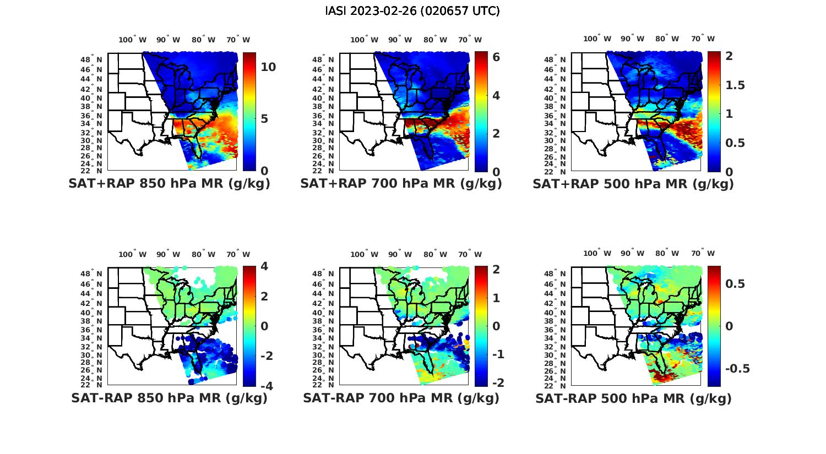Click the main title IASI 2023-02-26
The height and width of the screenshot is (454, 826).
click(x=412, y=11)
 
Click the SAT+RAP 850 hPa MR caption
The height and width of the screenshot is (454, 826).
click(x=169, y=184)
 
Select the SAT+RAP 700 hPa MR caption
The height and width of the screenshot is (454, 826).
click(x=401, y=184)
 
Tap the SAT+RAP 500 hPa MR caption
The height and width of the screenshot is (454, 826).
click(x=633, y=184)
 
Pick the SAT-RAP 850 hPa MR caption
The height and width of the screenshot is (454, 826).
click(x=169, y=398)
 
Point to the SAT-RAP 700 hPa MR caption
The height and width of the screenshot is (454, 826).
click(x=401, y=398)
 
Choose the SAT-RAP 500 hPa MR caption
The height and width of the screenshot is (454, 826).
click(x=633, y=398)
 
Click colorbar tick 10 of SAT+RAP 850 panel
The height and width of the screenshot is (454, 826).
click(x=268, y=67)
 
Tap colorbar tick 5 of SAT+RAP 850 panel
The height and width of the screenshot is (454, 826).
click(x=264, y=119)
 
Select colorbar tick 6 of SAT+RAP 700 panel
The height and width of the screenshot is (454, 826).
click(x=496, y=57)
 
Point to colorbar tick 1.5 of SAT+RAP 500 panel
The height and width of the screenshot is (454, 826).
click(x=735, y=85)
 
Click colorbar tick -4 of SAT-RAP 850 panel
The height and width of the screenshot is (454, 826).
click(x=265, y=386)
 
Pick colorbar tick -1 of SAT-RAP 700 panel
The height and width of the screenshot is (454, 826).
click(x=497, y=354)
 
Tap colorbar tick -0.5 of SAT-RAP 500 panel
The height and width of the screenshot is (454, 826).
click(x=737, y=368)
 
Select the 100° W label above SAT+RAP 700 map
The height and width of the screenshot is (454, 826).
click(x=364, y=40)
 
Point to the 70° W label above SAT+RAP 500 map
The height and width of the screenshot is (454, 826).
click(x=703, y=39)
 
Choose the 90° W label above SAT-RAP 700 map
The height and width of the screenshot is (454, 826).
click(x=400, y=254)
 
